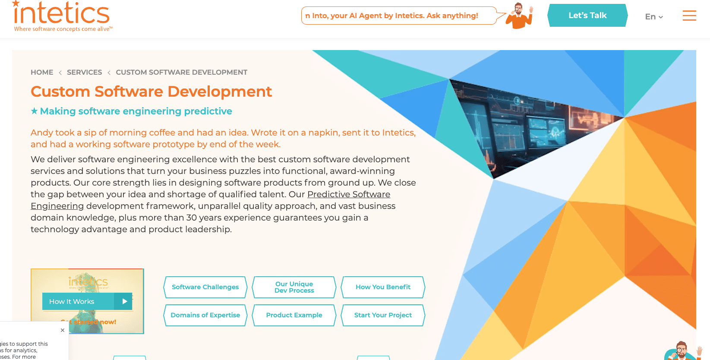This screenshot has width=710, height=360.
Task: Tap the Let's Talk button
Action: click(x=587, y=16)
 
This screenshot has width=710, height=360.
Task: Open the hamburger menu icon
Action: click(x=689, y=16)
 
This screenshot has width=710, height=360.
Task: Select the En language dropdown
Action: click(x=653, y=17)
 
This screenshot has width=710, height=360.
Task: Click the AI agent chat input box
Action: click(x=398, y=16)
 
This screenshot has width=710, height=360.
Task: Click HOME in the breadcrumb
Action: click(x=42, y=72)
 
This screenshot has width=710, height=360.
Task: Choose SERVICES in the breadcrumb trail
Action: click(x=84, y=72)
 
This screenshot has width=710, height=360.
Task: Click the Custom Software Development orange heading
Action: click(x=151, y=92)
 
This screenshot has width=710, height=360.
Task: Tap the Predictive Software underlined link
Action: click(x=348, y=194)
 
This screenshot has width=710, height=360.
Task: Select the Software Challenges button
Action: click(x=205, y=287)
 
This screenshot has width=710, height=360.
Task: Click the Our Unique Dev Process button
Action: click(x=294, y=287)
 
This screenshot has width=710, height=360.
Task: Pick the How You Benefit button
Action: click(x=383, y=287)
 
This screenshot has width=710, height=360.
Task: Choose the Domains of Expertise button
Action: click(x=205, y=315)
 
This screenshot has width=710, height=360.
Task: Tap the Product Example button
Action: click(x=294, y=315)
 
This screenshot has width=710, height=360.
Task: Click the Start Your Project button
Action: click(x=383, y=315)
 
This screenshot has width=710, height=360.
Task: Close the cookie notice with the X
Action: click(x=63, y=330)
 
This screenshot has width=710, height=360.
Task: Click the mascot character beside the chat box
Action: click(x=520, y=16)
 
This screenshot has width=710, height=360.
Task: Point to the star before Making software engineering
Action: click(x=34, y=111)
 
